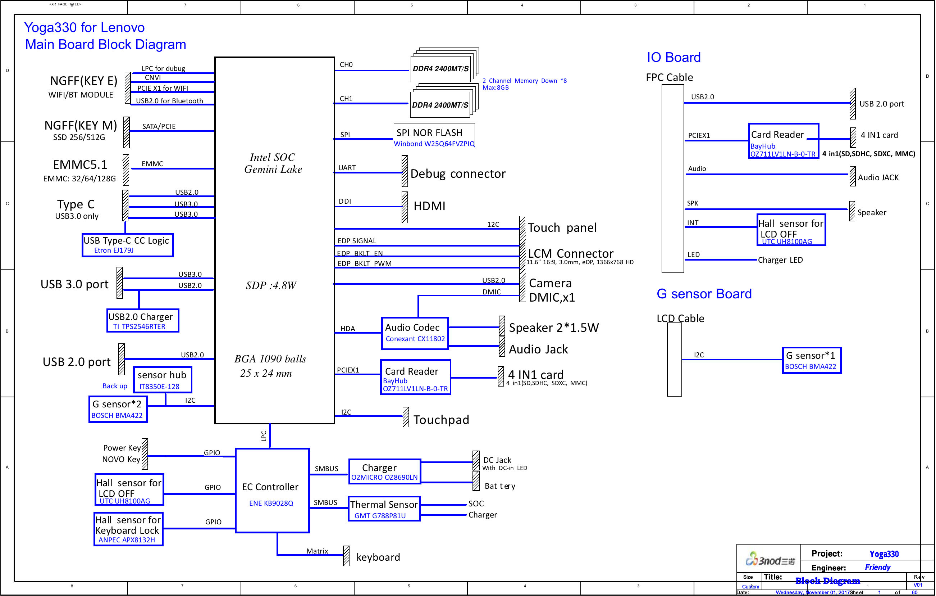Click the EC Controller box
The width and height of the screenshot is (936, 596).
click(272, 490)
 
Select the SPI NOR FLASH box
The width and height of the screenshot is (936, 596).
click(434, 136)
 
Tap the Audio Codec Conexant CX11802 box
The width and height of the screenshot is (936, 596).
click(415, 333)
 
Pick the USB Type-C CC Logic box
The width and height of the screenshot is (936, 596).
click(128, 245)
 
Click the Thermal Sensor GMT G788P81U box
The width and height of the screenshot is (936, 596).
click(384, 509)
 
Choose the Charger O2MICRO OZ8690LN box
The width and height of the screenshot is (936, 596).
click(384, 471)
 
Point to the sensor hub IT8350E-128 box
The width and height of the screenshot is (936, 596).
click(162, 380)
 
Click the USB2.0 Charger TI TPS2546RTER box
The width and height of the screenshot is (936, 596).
click(143, 321)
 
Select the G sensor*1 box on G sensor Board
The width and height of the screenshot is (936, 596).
click(811, 360)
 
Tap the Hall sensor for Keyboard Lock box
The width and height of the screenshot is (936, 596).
click(128, 529)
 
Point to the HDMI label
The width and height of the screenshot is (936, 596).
click(429, 206)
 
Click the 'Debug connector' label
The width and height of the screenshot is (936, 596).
click(457, 173)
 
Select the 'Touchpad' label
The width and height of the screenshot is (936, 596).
click(441, 419)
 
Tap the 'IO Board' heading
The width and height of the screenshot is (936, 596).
click(673, 57)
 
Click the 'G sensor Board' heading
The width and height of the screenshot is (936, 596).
click(704, 293)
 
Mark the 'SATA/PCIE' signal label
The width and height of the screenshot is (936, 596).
click(159, 126)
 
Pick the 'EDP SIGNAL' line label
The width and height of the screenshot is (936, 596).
click(356, 241)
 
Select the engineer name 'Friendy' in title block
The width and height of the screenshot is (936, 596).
click(877, 567)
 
